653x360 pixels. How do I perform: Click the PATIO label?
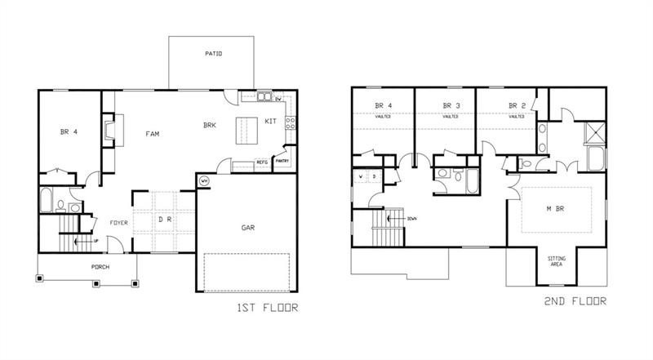click(214, 54)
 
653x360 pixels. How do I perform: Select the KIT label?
click(272, 122)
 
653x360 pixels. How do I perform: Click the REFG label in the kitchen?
click(262, 162)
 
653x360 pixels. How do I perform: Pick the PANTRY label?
click(282, 161)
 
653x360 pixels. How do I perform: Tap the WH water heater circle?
click(204, 180)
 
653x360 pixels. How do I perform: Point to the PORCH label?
click(100, 267)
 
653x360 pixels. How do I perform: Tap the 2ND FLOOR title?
click(575, 301)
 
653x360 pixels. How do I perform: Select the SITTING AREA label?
click(556, 261)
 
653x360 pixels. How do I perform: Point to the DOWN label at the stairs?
click(411, 219)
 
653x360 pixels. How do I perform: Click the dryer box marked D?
click(373, 176)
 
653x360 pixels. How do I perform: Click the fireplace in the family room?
click(108, 130)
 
